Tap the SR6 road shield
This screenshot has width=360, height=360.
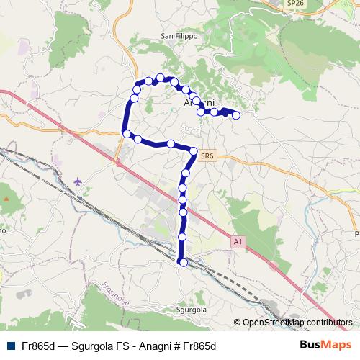click(x=207, y=156)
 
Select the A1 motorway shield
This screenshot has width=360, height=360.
click(x=238, y=243)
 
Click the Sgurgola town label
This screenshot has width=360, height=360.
click(x=191, y=310)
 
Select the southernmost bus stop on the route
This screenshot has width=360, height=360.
click(x=183, y=263)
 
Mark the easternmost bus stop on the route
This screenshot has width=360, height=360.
click(x=235, y=115)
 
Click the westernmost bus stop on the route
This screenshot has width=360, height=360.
click(x=126, y=133)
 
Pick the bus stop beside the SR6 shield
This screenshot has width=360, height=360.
click(x=193, y=150)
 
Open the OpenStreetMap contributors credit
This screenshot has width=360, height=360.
click(x=297, y=323)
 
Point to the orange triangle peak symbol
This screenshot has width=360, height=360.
click(x=6, y=197)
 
